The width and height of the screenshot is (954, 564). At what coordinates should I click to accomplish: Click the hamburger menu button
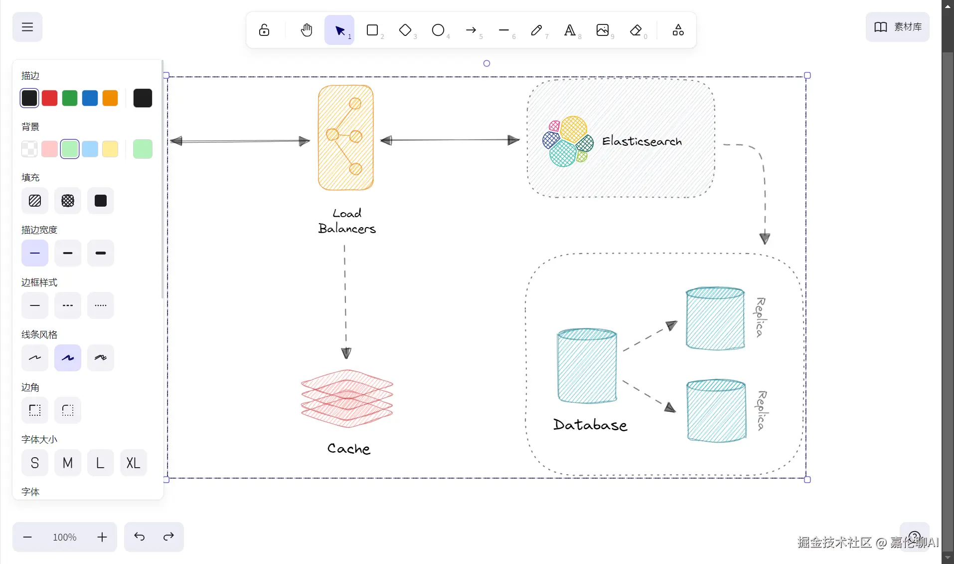pyautogui.click(x=27, y=27)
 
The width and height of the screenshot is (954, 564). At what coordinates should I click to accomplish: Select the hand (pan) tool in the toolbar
pyautogui.click(x=307, y=30)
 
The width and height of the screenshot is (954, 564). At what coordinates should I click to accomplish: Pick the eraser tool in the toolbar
pyautogui.click(x=636, y=30)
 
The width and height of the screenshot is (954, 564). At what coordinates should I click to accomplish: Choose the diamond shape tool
pyautogui.click(x=405, y=30)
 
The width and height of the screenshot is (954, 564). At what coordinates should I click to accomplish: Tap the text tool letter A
pyautogui.click(x=570, y=30)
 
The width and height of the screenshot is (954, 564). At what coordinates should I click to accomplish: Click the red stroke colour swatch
pyautogui.click(x=50, y=98)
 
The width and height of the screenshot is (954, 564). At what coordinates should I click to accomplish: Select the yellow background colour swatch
pyautogui.click(x=110, y=149)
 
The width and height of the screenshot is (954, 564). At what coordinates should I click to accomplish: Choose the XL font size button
pyautogui.click(x=133, y=463)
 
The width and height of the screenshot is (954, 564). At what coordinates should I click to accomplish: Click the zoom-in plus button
pyautogui.click(x=102, y=537)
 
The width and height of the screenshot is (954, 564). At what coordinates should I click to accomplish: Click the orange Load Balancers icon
pyautogui.click(x=346, y=138)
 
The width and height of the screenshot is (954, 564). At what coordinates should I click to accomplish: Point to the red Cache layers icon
pyautogui.click(x=347, y=398)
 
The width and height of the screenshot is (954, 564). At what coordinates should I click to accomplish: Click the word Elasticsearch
pyautogui.click(x=642, y=141)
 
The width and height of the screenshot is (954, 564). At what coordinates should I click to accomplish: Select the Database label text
pyautogui.click(x=590, y=425)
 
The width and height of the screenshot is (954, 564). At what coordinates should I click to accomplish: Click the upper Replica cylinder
pyautogui.click(x=715, y=318)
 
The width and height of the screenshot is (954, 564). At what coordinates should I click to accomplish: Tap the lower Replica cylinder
pyautogui.click(x=716, y=411)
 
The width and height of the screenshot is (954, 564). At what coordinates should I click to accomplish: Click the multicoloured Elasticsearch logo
pyautogui.click(x=568, y=141)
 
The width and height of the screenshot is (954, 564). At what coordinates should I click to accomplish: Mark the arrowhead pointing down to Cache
pyautogui.click(x=346, y=353)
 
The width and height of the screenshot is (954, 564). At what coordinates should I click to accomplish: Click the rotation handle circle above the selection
pyautogui.click(x=487, y=63)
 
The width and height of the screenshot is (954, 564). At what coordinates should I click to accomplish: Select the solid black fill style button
pyautogui.click(x=101, y=201)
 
